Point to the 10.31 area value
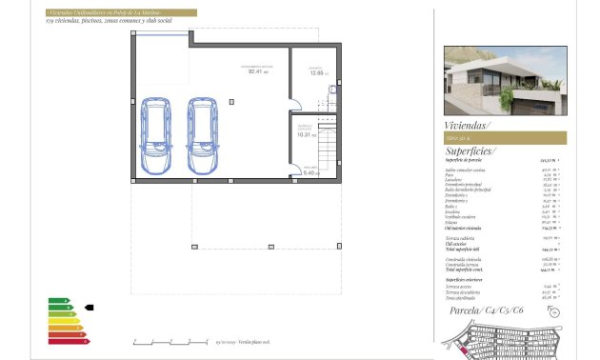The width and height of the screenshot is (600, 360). [x=305, y=135]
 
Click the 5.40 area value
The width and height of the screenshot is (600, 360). [x=310, y=172]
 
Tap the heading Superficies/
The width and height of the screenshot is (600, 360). [x=470, y=151]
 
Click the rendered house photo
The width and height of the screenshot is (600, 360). [x=505, y=82]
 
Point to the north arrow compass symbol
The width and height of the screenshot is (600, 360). [x=555, y=311]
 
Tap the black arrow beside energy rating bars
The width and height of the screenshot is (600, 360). [x=89, y=308]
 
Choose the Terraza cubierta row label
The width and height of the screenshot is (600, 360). [x=461, y=238]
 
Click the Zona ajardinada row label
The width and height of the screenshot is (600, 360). [x=460, y=297]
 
